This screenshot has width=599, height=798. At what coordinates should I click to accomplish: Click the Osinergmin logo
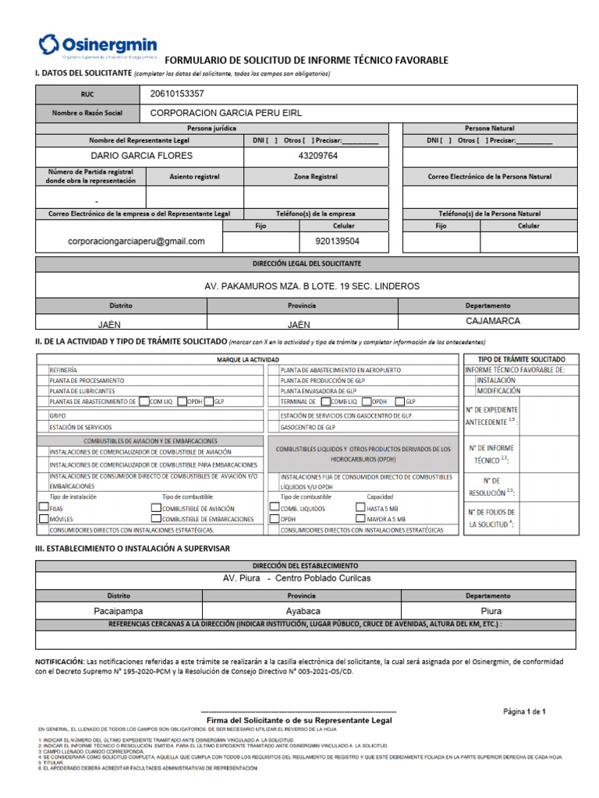pos(97,46)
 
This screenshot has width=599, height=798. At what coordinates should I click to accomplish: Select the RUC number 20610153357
pos(177,94)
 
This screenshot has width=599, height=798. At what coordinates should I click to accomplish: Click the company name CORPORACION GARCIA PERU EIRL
pos(225,113)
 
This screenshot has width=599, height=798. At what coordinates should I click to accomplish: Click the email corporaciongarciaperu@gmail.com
pos(136,242)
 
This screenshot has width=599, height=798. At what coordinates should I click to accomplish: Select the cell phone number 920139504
pos(337,242)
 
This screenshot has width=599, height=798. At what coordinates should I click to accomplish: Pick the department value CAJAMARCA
pos(493,320)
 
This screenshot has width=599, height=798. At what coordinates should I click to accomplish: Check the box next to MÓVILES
pos(43,518)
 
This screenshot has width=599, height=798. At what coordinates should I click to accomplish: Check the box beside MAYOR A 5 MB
pos(360,518)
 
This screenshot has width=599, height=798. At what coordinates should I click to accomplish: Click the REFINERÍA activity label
pos(64,370)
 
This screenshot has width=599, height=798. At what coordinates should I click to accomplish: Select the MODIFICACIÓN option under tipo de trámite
pos(499,390)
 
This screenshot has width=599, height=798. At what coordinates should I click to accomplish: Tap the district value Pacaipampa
pos(119,611)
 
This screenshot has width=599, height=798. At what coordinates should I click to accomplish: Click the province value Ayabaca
pos(303,611)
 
